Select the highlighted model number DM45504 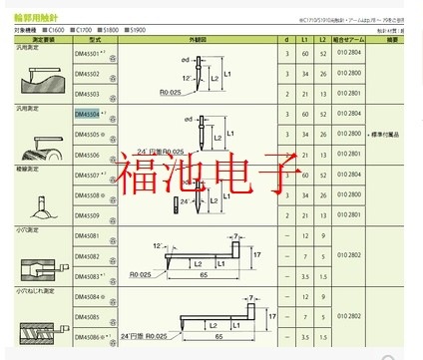[x=89, y=115]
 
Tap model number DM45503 [x=89, y=93]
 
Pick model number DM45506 [x=89, y=155]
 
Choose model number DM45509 [x=89, y=215]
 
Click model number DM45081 [x=89, y=237]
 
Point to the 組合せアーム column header [x=348, y=41]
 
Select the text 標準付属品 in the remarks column [x=388, y=134]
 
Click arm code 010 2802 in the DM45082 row [x=348, y=256]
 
